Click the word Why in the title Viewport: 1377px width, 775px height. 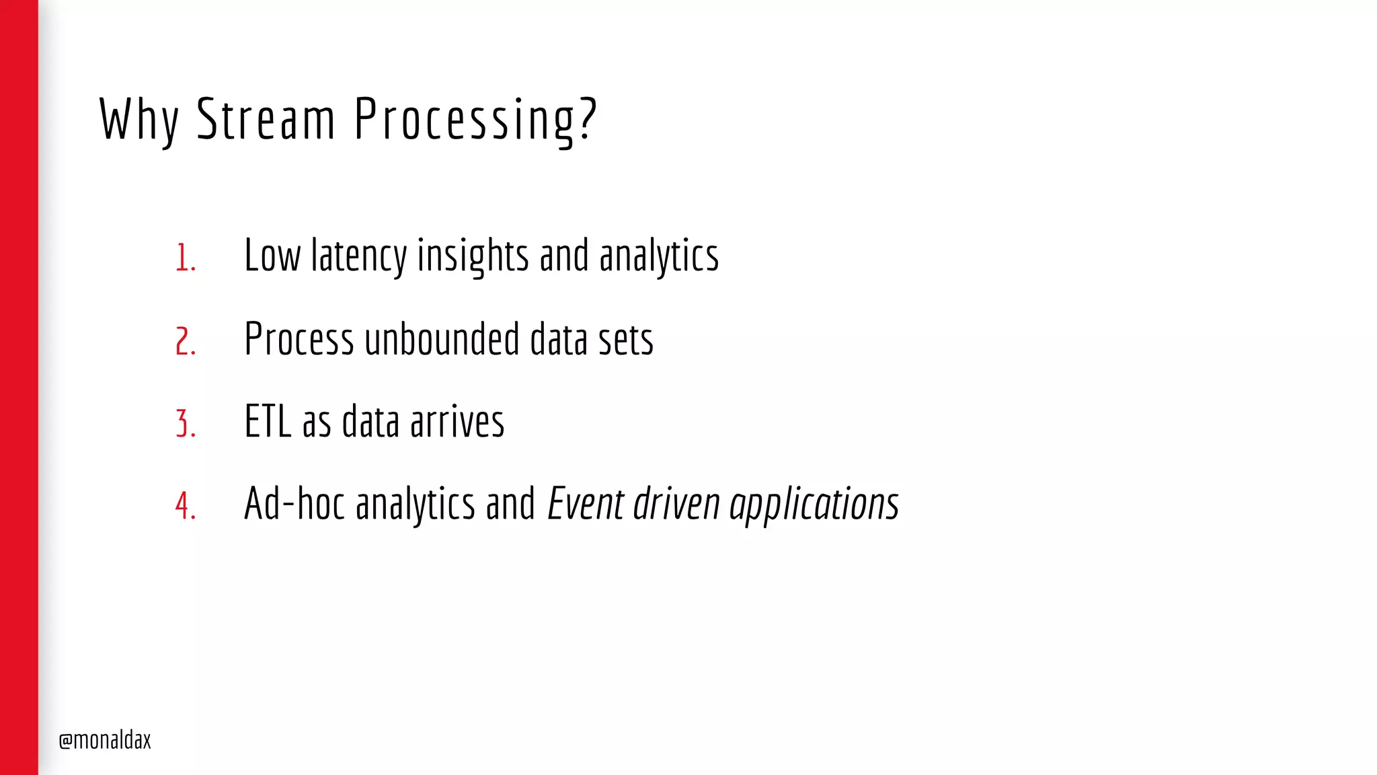139,120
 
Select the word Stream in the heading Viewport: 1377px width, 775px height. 266,120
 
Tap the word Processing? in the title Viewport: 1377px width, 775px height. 475,120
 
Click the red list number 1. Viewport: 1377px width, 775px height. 185,258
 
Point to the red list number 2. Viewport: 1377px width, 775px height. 185,341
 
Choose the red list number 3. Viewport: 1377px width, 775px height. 185,424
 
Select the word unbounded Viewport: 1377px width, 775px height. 442,339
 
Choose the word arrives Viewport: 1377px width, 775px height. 457,422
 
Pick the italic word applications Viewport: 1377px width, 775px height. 814,505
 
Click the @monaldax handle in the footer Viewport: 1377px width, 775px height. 105,740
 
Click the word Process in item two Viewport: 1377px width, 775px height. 299,339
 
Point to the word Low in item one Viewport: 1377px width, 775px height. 272,256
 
